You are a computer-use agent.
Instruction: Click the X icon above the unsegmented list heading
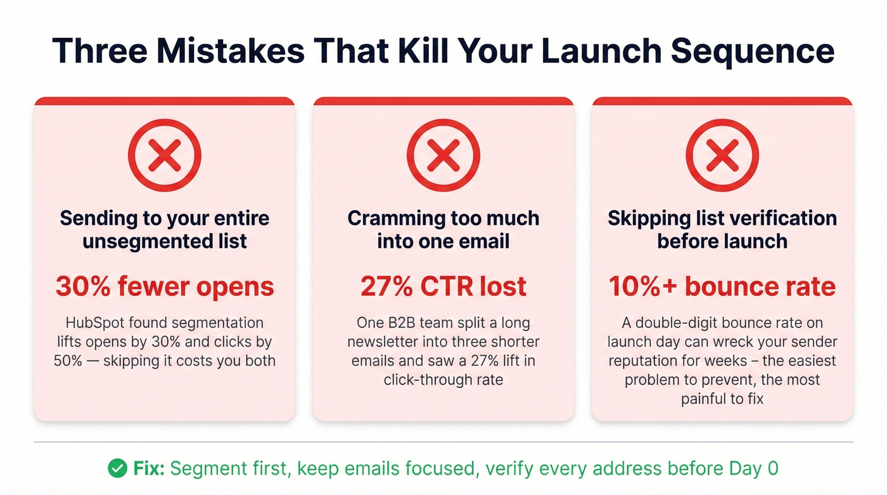[x=165, y=155]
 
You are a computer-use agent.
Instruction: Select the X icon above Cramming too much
[x=443, y=155]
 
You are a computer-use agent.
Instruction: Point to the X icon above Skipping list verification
[x=722, y=155]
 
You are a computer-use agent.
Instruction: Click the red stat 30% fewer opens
[x=165, y=286]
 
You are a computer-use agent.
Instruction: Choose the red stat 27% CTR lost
[x=443, y=286]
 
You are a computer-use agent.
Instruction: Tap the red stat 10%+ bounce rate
[x=722, y=286]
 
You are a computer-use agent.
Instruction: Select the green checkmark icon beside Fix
[x=117, y=468]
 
